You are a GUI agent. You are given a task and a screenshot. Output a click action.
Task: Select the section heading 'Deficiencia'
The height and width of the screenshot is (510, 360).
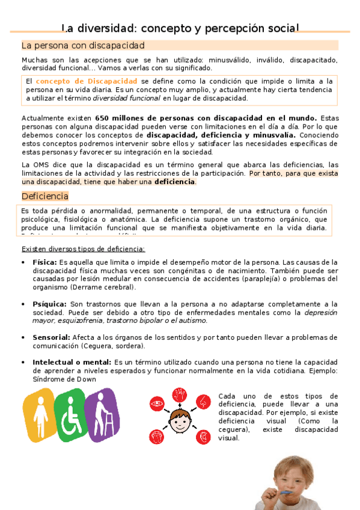(x=45, y=196)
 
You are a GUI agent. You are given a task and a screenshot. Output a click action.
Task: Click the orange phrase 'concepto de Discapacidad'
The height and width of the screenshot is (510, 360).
(x=87, y=81)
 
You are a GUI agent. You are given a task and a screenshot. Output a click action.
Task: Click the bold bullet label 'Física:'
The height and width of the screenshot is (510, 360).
(x=44, y=262)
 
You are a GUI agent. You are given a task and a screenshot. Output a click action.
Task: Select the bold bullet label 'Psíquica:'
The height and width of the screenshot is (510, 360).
(x=49, y=304)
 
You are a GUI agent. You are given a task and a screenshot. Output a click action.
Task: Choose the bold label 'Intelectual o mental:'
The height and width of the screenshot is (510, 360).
(x=72, y=362)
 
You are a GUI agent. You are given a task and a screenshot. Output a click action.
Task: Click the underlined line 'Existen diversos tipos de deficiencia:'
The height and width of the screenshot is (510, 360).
(x=83, y=248)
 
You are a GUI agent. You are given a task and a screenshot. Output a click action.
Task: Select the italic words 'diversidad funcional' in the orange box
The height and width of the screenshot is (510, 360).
(x=135, y=98)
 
